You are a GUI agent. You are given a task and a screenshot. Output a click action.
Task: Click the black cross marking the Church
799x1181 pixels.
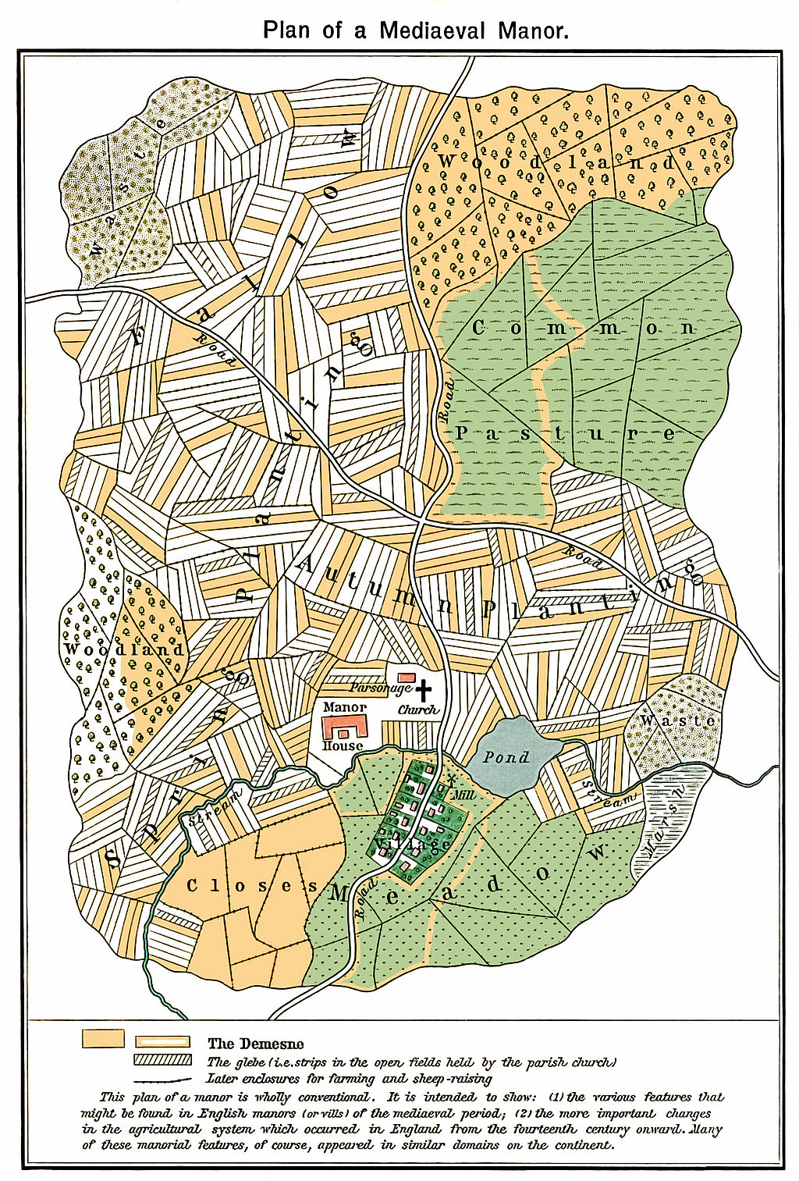point(423,690)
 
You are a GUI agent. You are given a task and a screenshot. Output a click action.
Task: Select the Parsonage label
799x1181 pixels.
point(380,688)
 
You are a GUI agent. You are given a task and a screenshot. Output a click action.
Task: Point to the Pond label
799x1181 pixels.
point(506,756)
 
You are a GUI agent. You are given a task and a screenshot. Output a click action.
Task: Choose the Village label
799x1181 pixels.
point(414,844)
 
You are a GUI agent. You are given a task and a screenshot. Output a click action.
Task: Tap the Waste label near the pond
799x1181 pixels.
point(677,720)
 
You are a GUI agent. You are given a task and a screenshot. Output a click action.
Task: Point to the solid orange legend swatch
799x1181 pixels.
point(103,1038)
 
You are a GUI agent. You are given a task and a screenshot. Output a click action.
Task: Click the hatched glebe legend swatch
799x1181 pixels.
point(162,1059)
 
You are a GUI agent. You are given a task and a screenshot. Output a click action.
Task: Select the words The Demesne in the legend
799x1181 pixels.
point(255,1044)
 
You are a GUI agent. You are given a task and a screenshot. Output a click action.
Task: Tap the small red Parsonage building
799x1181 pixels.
point(407,677)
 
